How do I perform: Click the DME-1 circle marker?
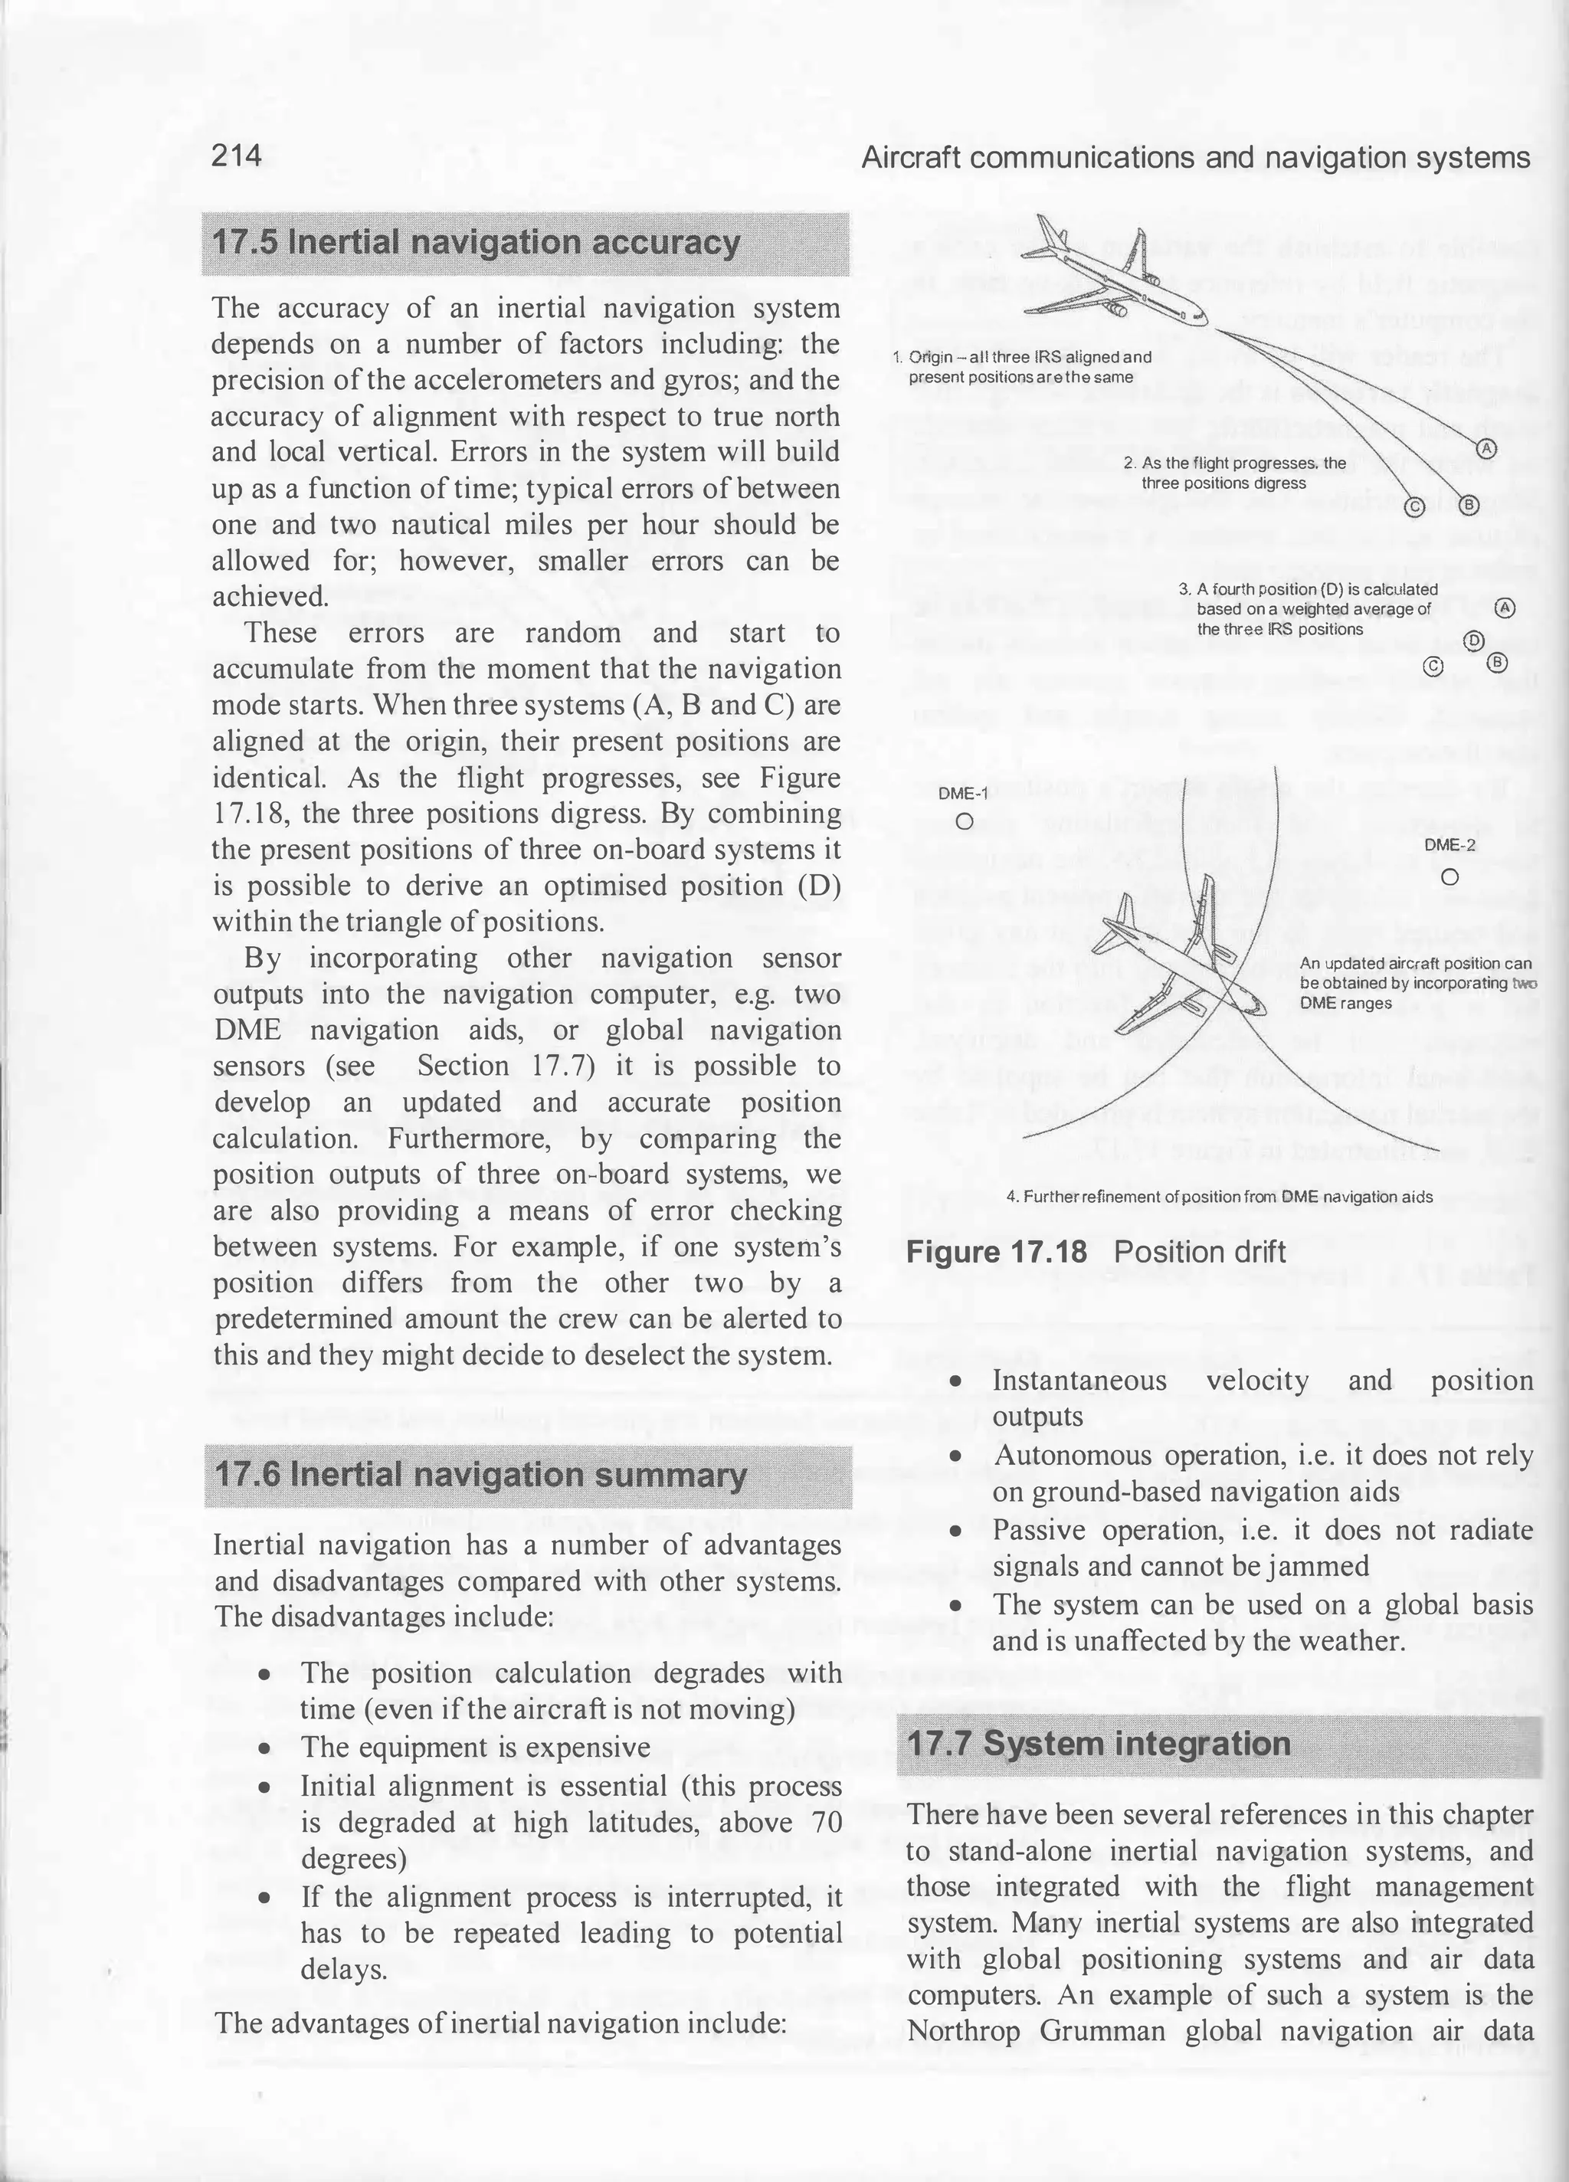[x=964, y=821]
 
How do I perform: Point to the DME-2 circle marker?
[x=1451, y=877]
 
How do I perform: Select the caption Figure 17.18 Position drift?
[x=1096, y=1252]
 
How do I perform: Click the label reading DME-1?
[x=963, y=794]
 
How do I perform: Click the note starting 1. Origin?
[x=1023, y=366]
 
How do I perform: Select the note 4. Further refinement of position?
[x=1219, y=1197]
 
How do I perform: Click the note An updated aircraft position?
[x=1414, y=982]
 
